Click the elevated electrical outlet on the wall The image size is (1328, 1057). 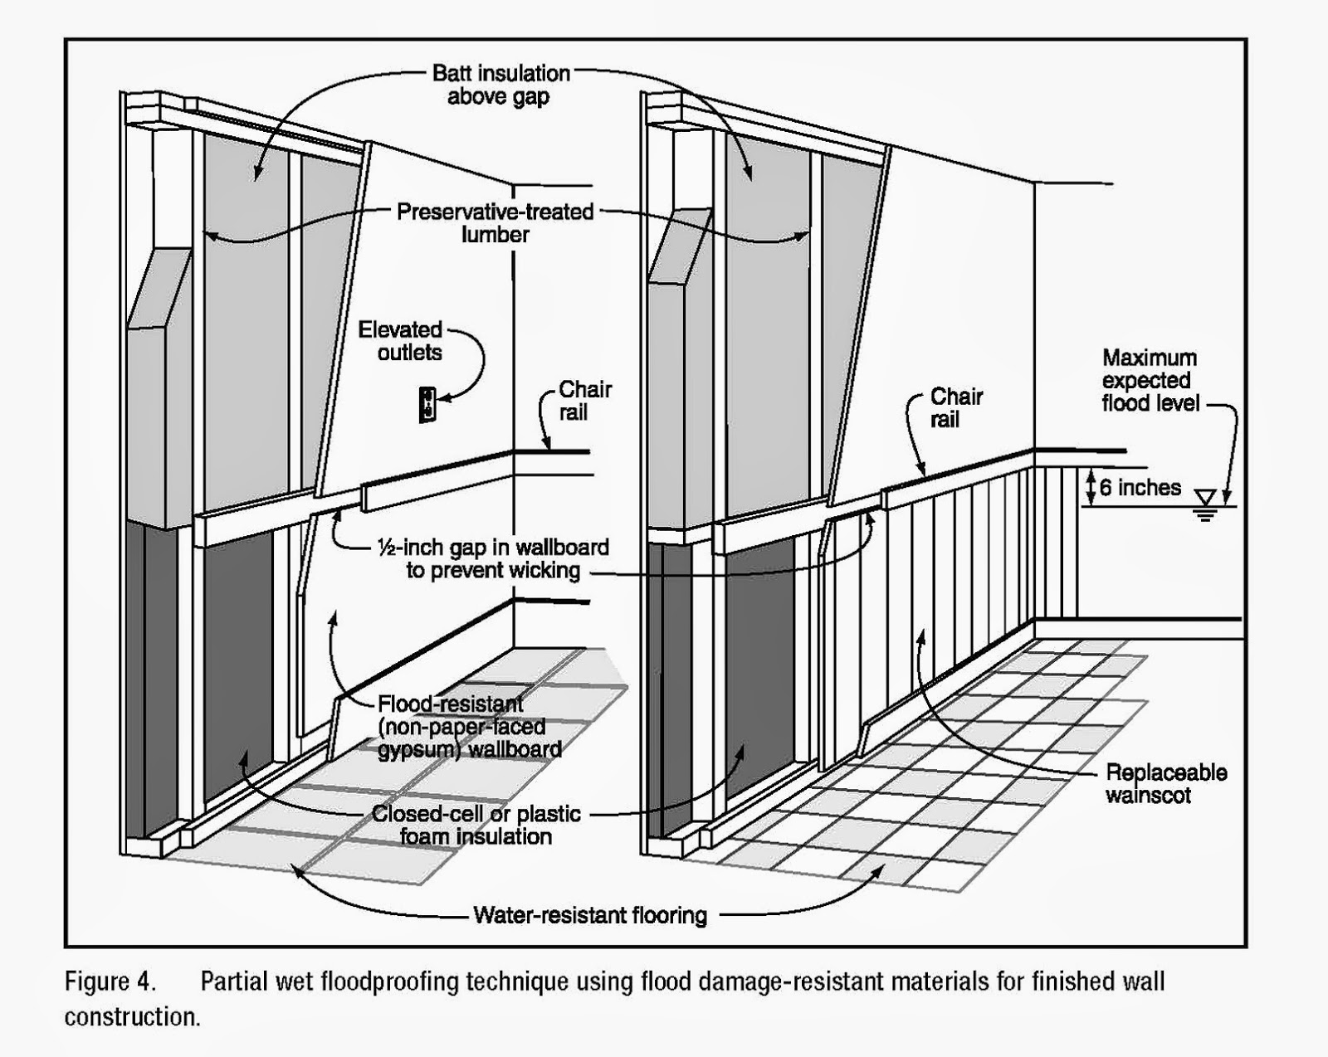click(x=427, y=405)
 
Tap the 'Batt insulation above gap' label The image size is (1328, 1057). click(x=500, y=85)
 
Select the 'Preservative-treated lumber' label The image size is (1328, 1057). click(x=496, y=223)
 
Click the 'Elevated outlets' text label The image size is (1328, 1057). click(x=401, y=341)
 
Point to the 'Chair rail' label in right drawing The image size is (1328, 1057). click(x=955, y=407)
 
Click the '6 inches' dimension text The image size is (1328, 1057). click(x=1140, y=487)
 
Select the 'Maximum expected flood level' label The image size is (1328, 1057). click(x=1150, y=381)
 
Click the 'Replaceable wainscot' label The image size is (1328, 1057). click(x=1166, y=784)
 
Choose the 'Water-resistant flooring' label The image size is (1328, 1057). click(x=590, y=915)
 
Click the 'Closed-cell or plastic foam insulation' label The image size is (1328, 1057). click(x=476, y=825)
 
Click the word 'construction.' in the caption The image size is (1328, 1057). click(x=132, y=1017)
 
